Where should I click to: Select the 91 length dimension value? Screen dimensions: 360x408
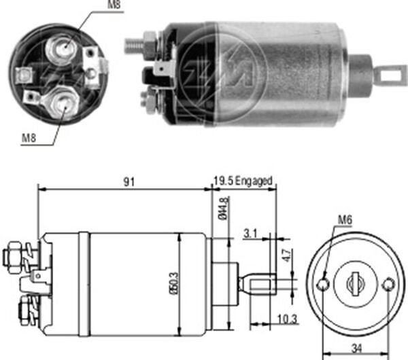(x=128, y=181)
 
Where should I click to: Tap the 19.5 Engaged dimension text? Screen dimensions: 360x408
(x=242, y=181)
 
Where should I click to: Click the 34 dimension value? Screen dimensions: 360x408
(x=356, y=349)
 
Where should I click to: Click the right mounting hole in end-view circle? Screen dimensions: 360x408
(x=388, y=284)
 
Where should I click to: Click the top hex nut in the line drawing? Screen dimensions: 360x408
(x=13, y=256)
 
